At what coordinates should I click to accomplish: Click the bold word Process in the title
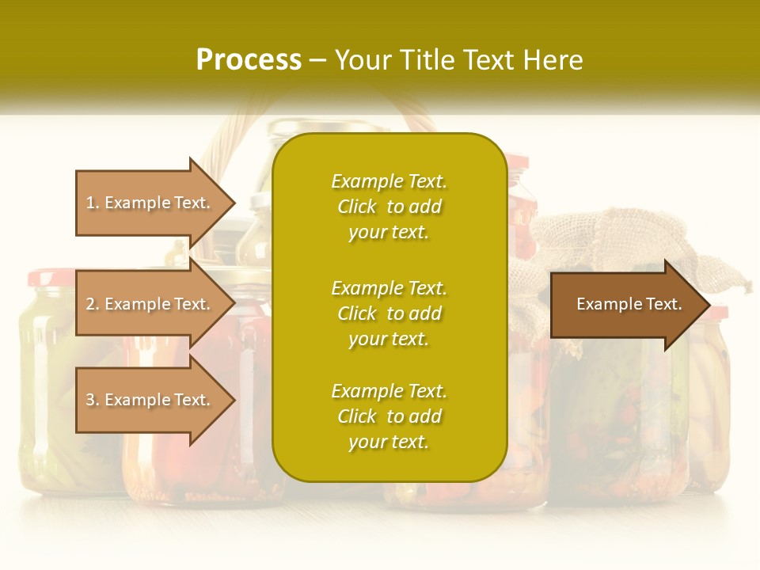249,60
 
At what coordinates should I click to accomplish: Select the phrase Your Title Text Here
458,60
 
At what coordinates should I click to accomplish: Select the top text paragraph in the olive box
389,207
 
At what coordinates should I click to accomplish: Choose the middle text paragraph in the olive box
389,313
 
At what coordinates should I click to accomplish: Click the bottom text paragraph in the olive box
389,416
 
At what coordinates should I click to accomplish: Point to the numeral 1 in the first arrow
90,203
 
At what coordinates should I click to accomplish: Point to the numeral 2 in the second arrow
90,304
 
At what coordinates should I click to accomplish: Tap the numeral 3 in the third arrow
90,400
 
